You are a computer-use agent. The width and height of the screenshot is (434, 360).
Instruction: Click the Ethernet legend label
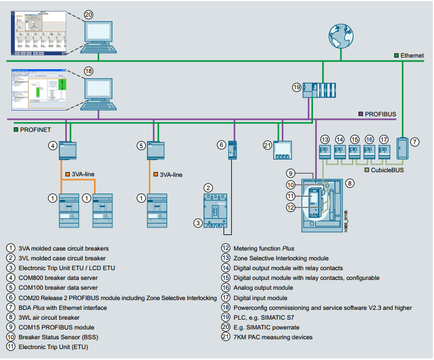(x=412, y=55)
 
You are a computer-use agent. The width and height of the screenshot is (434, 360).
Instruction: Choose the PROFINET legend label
(x=36, y=130)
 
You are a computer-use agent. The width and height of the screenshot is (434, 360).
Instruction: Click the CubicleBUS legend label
(x=387, y=170)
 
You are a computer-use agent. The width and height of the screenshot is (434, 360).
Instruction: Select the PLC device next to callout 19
(x=320, y=90)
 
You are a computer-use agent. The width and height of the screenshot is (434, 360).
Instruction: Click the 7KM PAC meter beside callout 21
(x=282, y=150)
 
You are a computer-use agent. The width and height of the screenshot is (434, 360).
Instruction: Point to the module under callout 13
(x=325, y=153)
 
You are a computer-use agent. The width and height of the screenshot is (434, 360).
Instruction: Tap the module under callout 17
(x=384, y=153)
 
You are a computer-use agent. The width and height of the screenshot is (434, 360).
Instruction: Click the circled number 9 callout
(x=292, y=172)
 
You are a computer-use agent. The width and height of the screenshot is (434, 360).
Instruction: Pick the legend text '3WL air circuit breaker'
(x=49, y=317)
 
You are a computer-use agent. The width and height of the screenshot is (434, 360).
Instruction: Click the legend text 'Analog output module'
(x=263, y=287)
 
